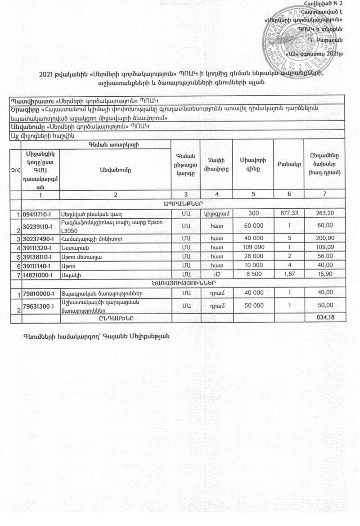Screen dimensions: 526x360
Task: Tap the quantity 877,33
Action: (x=289, y=213)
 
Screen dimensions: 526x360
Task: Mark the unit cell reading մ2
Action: (x=217, y=274)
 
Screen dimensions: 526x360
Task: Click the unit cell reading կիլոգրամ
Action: (x=217, y=213)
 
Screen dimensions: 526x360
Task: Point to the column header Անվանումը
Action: (x=115, y=170)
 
